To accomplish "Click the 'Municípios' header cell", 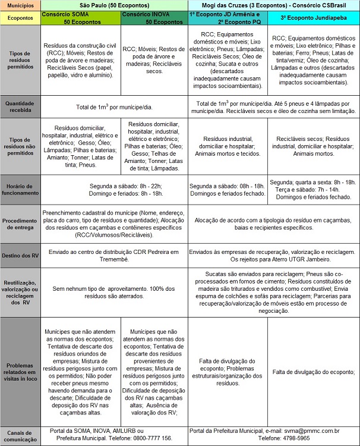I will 20,4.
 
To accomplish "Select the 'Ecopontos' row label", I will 20,17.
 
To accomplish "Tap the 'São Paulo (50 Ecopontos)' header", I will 114,4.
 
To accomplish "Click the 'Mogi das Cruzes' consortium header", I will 273,4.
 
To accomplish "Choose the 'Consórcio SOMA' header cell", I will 81,17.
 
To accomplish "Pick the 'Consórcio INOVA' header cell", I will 153,17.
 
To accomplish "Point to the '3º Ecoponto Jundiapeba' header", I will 314,17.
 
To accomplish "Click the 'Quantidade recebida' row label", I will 20,106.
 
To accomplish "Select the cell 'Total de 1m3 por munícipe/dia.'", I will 114,106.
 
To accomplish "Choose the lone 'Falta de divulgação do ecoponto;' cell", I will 314,372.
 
